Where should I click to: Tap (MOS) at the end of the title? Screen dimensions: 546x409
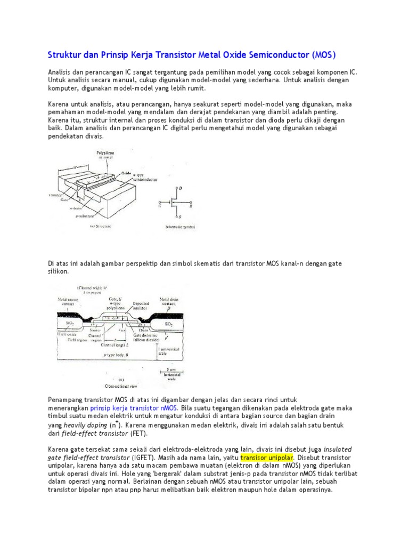[324, 55]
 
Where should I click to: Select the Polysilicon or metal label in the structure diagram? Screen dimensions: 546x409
[105, 155]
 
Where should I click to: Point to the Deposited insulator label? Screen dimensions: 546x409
[140, 303]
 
